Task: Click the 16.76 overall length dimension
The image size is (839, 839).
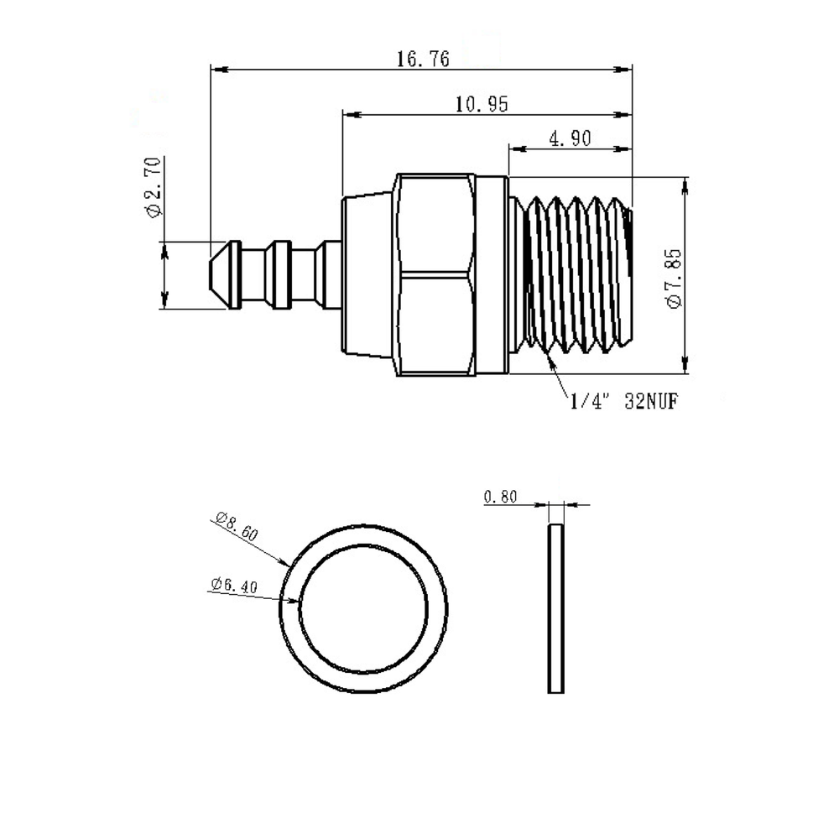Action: (x=423, y=59)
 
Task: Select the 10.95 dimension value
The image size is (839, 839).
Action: (x=482, y=104)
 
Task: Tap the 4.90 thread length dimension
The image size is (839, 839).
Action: (x=571, y=138)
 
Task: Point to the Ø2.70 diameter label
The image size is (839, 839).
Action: (x=153, y=187)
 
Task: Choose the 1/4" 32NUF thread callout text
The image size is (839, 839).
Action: (x=624, y=401)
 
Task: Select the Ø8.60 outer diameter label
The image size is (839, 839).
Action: (x=237, y=525)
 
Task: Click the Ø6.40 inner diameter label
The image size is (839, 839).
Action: (x=234, y=585)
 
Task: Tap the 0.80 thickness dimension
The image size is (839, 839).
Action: (x=501, y=497)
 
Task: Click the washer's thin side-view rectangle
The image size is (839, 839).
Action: (x=556, y=608)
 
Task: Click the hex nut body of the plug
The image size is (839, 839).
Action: (x=435, y=274)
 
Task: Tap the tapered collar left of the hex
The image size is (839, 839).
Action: (x=368, y=274)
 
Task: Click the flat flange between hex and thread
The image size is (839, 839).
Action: (x=491, y=274)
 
